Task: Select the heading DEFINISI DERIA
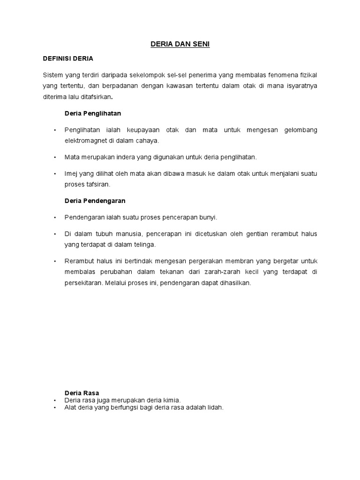[x=68, y=59]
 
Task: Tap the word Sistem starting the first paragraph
[x=52, y=75]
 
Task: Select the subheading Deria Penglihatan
[x=93, y=113]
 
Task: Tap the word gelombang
[x=300, y=129]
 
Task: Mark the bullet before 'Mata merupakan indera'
[x=55, y=157]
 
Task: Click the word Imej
[x=71, y=173]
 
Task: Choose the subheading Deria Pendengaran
[x=95, y=201]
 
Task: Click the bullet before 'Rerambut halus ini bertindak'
[x=55, y=261]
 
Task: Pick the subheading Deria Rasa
[x=82, y=393]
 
